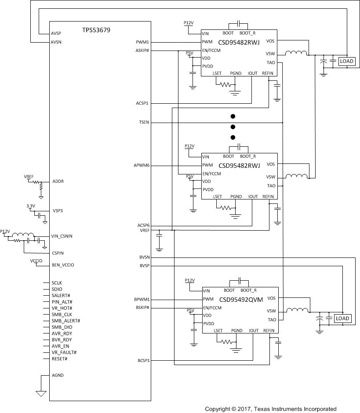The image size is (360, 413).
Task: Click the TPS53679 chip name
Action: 96,30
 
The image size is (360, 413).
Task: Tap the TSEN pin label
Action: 144,123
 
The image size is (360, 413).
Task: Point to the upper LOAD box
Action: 346,62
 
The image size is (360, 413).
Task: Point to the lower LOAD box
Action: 342,319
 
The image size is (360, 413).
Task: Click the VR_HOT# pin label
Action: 62,308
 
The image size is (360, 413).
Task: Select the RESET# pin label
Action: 59,359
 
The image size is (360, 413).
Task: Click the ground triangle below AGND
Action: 41,394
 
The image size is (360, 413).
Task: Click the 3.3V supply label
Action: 31,206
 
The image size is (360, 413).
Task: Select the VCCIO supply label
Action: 36,261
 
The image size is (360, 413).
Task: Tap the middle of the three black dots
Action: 233,127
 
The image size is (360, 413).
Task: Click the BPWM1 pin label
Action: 142,300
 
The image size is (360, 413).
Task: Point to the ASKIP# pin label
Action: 142,51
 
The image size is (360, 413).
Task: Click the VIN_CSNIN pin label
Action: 62,236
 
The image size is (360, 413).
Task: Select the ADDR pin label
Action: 58,181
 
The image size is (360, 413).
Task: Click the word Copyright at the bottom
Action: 218,409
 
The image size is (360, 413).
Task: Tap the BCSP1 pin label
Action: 143,361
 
